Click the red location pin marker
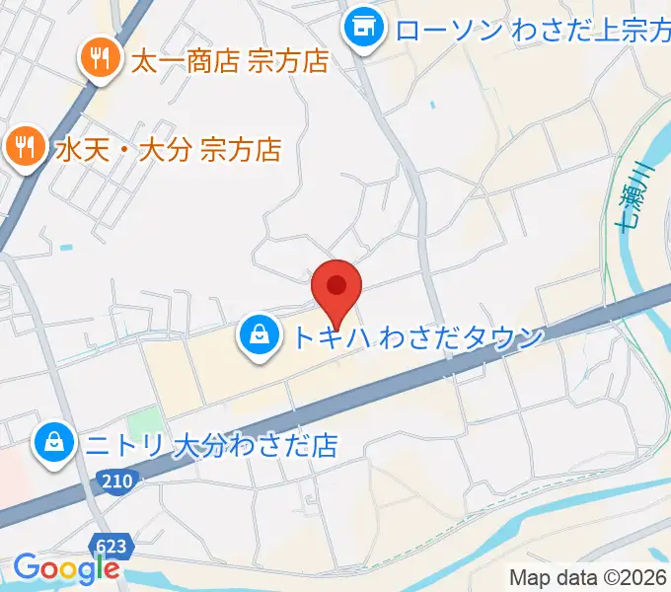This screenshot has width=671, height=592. [x=336, y=288]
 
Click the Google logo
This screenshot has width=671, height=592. [x=65, y=569]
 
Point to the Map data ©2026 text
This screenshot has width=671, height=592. [x=588, y=577]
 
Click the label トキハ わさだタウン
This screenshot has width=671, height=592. [x=416, y=338]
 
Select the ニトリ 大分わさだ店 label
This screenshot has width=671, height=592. [x=210, y=445]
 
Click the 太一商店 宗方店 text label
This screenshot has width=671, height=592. [x=229, y=62]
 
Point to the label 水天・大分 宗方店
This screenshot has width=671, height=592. [x=167, y=150]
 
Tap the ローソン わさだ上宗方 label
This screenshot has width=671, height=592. [x=533, y=29]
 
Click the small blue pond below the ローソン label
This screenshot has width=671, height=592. [x=431, y=104]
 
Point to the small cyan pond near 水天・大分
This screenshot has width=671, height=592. [x=65, y=247]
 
